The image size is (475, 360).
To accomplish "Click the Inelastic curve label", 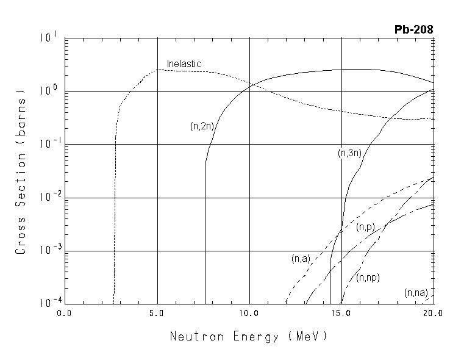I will [184, 63].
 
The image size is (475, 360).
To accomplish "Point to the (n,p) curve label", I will [365, 227].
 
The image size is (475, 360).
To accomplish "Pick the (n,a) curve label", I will [301, 259].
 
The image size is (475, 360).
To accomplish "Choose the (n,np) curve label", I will [368, 277].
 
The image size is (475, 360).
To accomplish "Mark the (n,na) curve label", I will [416, 293].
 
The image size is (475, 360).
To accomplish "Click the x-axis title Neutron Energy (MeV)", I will [248, 336].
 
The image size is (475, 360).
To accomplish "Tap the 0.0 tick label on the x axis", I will [65, 313].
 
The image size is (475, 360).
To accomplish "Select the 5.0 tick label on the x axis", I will [157, 313].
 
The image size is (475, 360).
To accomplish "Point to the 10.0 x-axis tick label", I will [249, 313].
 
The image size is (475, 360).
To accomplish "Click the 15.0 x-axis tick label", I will [341, 313].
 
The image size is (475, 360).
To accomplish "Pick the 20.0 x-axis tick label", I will [432, 313].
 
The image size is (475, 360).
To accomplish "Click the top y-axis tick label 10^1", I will [48, 37].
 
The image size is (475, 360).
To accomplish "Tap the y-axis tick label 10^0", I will [48, 90].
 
